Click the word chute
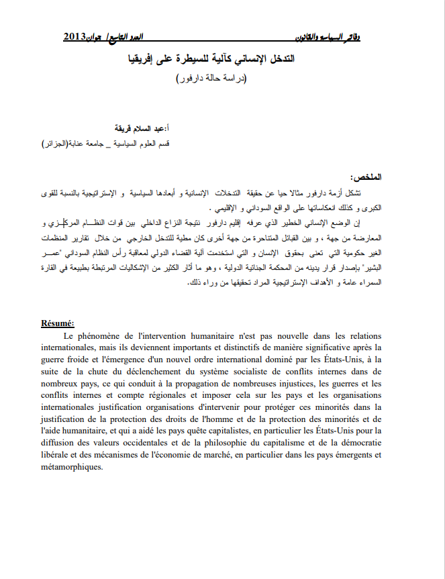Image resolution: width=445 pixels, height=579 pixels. (98, 371)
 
